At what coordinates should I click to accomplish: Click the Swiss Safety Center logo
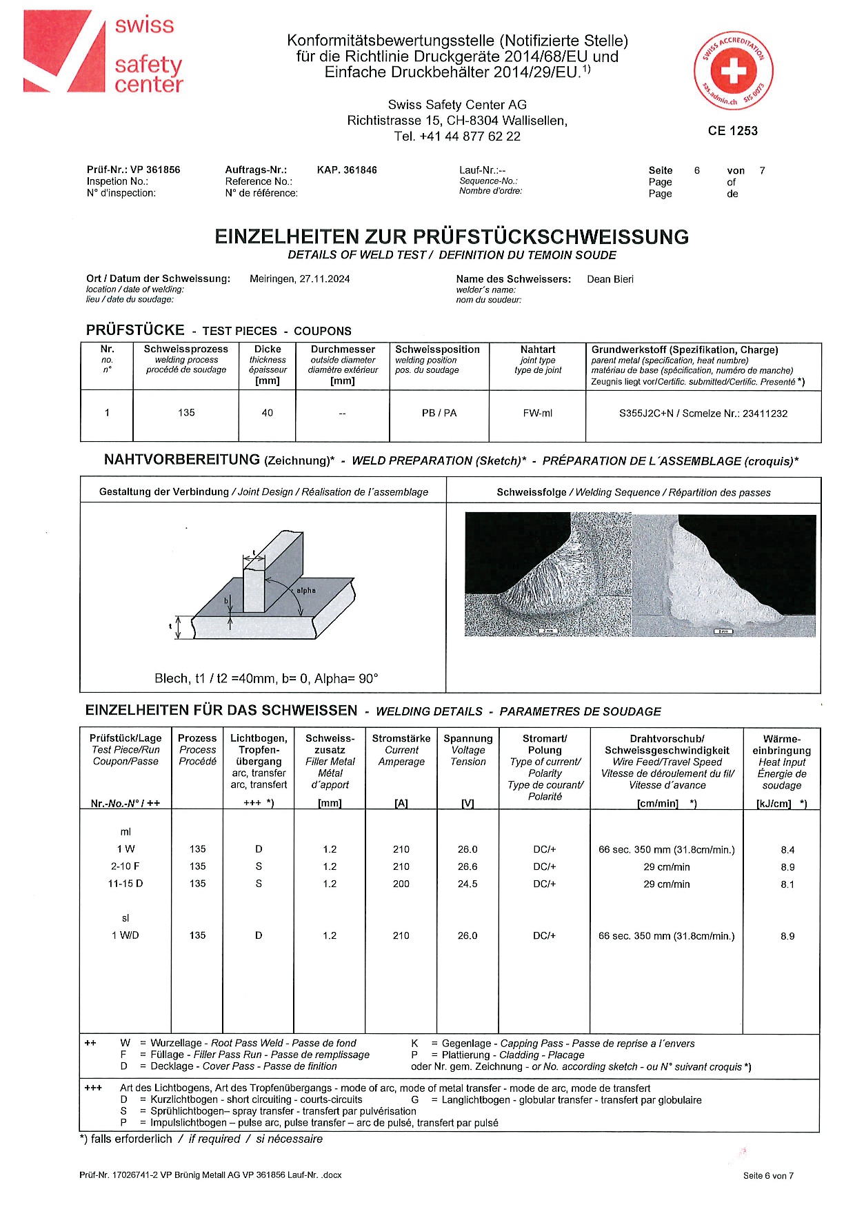[x=103, y=52]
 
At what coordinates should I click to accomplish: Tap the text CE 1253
[x=732, y=131]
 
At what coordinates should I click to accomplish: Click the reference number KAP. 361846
[x=347, y=170]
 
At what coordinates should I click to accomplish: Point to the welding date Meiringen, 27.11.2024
[x=299, y=279]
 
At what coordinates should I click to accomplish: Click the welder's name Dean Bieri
[x=610, y=279]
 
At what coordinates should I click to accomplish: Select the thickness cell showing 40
[x=267, y=413]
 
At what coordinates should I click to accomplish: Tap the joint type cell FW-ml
[x=537, y=414]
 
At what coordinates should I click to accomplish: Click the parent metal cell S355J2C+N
[x=703, y=414]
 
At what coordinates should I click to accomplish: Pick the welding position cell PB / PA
[x=439, y=414]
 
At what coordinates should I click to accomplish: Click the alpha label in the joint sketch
[x=306, y=591]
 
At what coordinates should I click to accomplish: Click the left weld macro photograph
[x=548, y=574]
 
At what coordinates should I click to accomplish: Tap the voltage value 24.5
[x=467, y=884]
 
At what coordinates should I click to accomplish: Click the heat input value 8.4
[x=787, y=851]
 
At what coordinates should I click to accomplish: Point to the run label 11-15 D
[x=125, y=884]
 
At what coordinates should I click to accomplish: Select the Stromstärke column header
[x=401, y=739]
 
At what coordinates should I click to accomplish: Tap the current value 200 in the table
[x=401, y=884]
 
